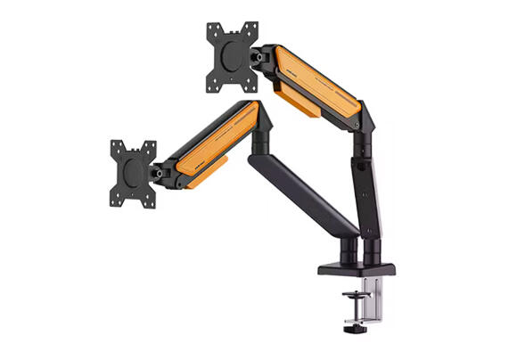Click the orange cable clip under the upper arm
(x=294, y=100)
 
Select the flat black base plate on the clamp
(x=355, y=268)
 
